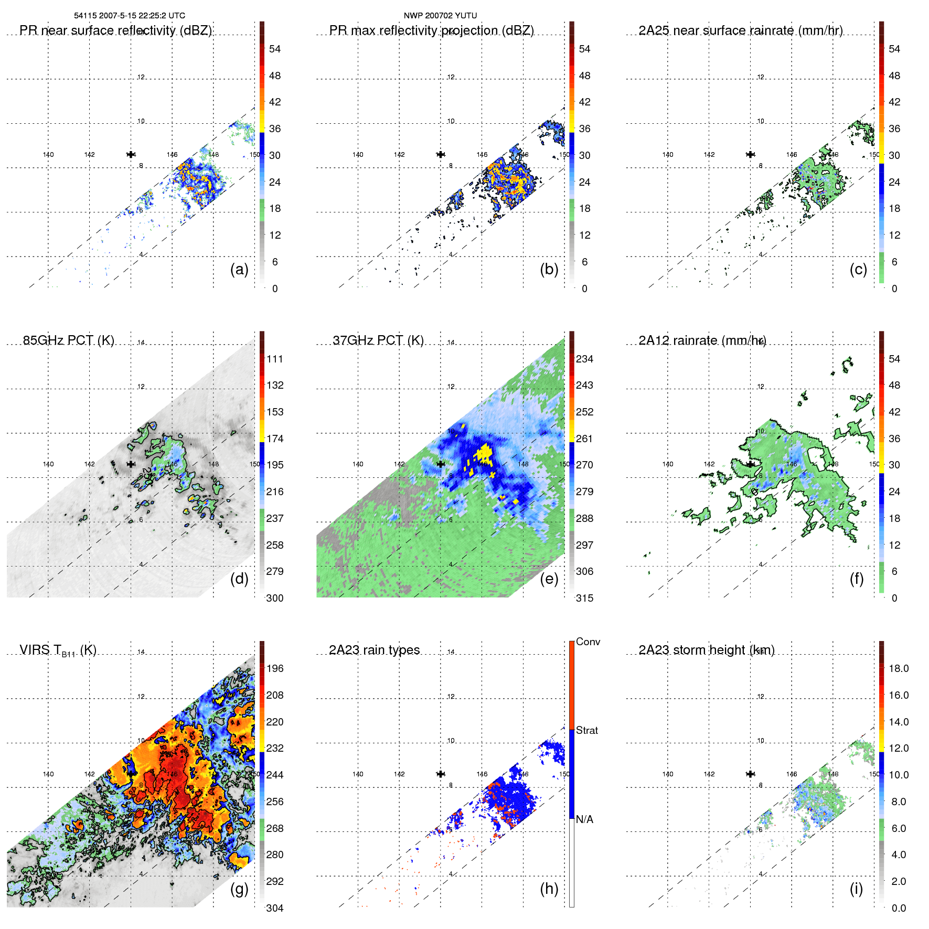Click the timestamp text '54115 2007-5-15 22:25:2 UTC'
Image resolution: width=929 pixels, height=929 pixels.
130,16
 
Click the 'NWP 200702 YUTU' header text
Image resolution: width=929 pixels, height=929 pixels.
440,16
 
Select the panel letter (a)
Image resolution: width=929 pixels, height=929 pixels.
239,269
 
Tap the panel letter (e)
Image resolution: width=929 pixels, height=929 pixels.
549,579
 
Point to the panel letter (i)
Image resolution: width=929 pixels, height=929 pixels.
856,889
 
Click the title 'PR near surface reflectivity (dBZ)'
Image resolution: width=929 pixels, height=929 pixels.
115,30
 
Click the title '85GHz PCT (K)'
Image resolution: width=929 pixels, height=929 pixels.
69,340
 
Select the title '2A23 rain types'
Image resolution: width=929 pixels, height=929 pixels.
374,650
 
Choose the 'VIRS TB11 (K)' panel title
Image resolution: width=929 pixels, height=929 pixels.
58,650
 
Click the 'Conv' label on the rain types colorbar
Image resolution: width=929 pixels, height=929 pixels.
588,642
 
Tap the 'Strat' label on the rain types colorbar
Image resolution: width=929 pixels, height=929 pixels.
587,730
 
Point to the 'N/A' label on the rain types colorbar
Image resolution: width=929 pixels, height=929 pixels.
584,819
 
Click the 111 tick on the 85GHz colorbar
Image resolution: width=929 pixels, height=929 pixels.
275,359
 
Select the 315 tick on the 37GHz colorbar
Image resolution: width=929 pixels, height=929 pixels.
584,598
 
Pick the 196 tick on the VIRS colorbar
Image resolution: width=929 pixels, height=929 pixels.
275,668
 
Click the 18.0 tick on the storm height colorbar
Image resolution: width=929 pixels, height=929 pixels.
899,668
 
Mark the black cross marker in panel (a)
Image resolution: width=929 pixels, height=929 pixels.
131,154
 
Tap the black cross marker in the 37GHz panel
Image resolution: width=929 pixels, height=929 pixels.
441,464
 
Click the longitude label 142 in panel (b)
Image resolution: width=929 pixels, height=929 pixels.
399,155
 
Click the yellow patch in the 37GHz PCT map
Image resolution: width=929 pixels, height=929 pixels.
484,454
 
